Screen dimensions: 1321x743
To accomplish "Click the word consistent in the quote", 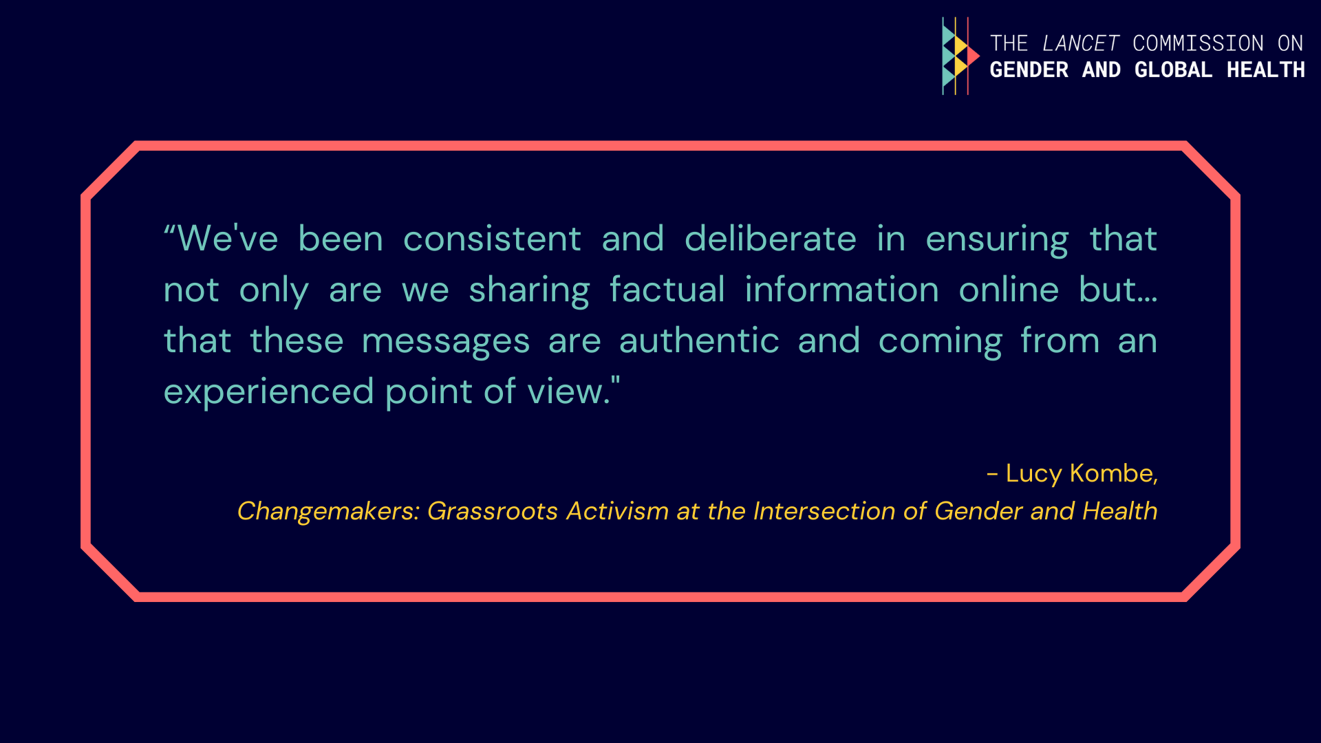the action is [492, 239].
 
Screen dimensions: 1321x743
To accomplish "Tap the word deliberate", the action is [771, 238].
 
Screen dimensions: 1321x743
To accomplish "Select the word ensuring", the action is [997, 240].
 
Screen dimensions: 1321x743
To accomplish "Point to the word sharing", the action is [529, 291].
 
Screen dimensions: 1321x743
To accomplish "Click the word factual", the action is [667, 289].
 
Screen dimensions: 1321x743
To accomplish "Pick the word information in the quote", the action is [841, 289].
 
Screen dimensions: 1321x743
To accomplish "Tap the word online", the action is [1009, 289].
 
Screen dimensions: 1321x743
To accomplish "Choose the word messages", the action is [446, 342].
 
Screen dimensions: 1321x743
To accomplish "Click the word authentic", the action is [699, 340].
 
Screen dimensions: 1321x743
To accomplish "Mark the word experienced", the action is [268, 393].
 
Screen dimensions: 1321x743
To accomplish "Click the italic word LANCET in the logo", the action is [1080, 43].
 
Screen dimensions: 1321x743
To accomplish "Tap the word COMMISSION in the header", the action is [1198, 43].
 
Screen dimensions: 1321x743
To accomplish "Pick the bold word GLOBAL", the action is [1173, 70].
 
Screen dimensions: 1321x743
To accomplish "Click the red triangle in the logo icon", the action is [972, 56].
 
